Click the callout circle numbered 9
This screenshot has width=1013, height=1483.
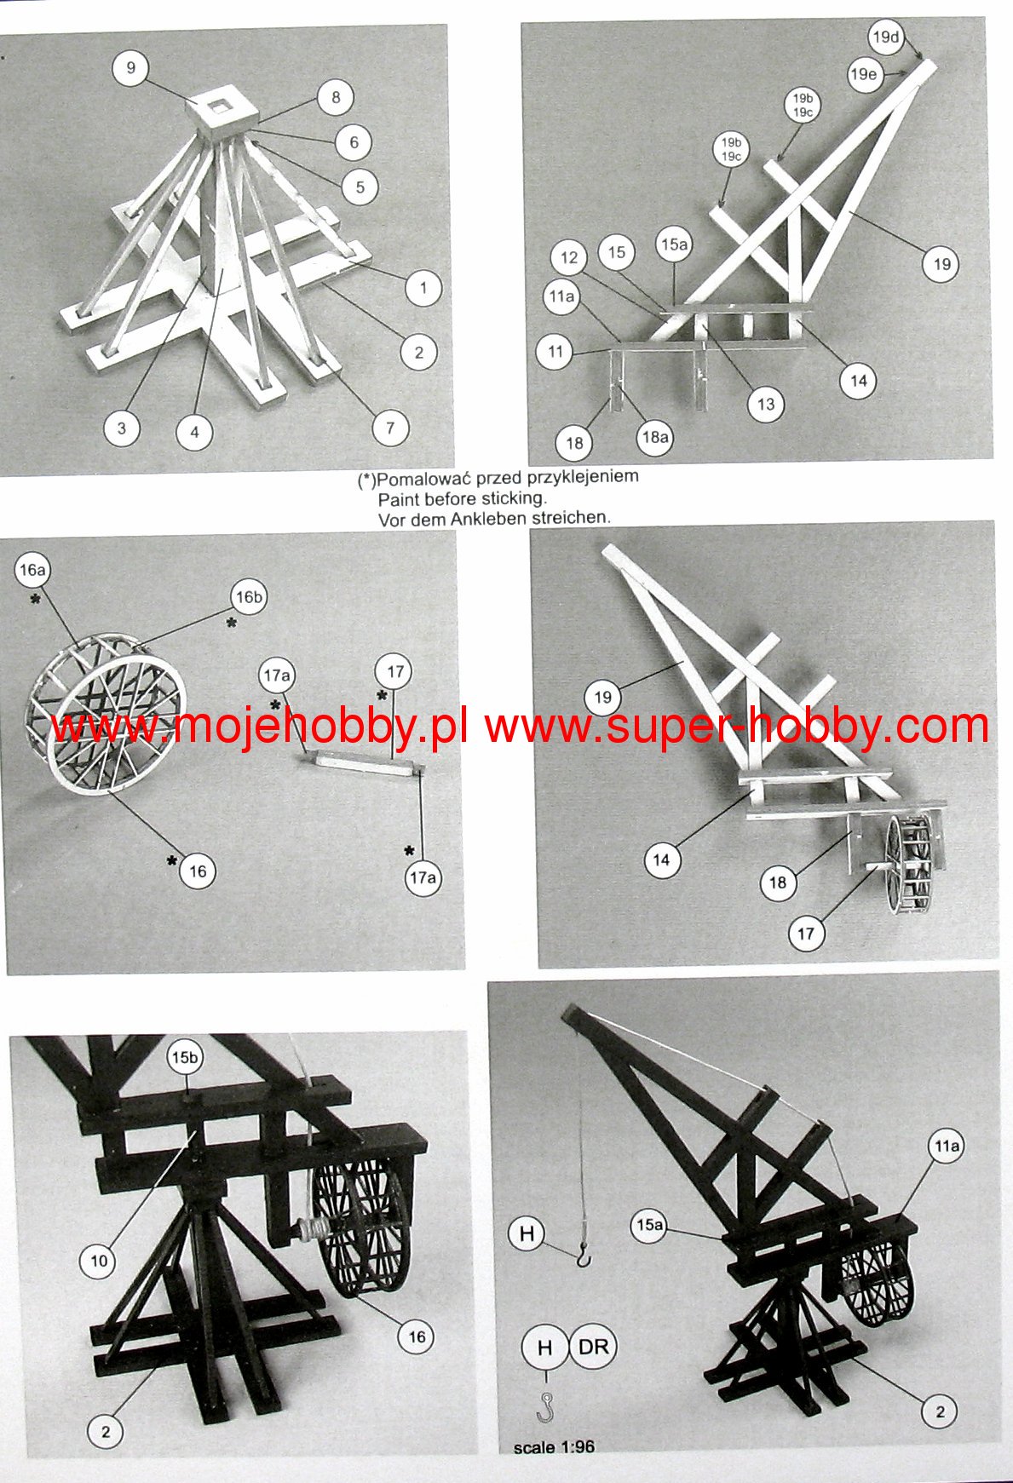coord(130,68)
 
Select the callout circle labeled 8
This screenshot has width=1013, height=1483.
coord(336,97)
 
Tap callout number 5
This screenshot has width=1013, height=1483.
coord(360,187)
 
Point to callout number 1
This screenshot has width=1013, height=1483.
coord(423,288)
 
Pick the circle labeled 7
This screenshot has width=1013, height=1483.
coord(390,428)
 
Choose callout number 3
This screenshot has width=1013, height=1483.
coord(122,428)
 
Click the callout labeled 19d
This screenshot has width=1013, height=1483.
coord(885,37)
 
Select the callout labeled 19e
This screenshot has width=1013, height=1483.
coord(863,74)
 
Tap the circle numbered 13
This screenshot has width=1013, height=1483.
coord(766,405)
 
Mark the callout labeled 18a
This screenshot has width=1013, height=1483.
coord(654,438)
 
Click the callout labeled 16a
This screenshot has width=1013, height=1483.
coord(32,570)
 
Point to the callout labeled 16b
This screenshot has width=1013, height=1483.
coord(249,597)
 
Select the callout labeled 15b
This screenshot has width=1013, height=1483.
coord(185,1058)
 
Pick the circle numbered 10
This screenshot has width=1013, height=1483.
coord(99,1261)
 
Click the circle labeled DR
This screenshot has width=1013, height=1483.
coord(593,1347)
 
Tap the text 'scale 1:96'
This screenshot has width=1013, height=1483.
coord(554,1447)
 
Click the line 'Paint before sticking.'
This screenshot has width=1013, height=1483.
coord(463,498)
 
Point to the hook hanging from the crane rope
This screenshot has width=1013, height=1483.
coord(583,1253)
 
